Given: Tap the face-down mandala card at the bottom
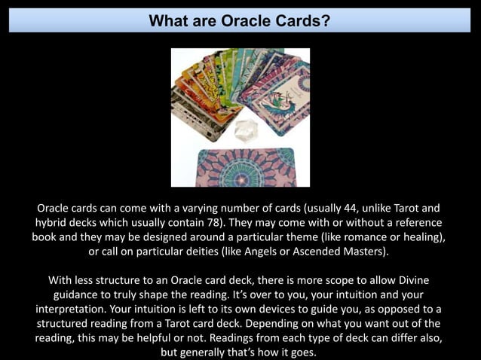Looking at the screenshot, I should [246, 166].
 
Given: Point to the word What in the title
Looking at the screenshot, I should [169, 21].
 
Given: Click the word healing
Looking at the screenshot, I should [419, 236].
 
